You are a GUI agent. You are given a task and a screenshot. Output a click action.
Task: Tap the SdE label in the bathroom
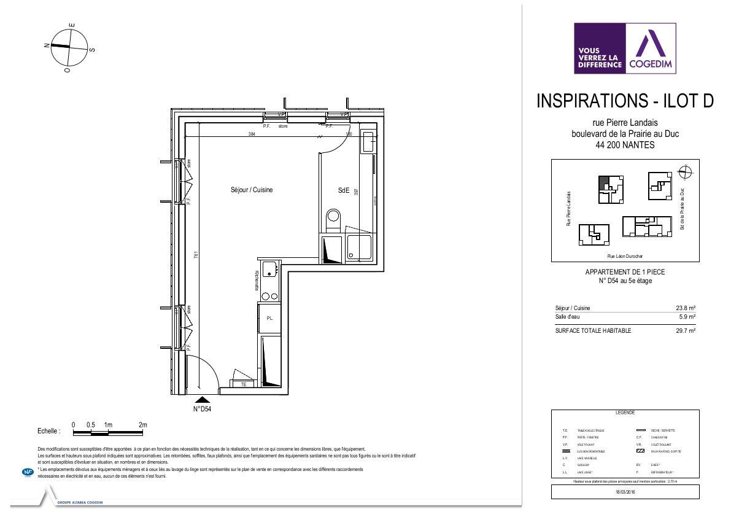click(344, 191)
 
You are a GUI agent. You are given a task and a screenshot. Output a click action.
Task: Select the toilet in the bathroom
click(333, 216)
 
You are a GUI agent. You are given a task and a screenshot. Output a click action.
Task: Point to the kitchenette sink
click(269, 269)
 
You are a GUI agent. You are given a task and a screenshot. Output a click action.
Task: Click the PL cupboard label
click(269, 318)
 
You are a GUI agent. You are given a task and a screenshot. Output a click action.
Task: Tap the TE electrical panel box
click(244, 384)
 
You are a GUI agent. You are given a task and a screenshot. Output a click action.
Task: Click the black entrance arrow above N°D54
click(201, 400)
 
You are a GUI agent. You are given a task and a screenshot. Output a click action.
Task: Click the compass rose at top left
click(69, 48)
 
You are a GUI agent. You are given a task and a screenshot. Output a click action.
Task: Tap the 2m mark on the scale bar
click(143, 425)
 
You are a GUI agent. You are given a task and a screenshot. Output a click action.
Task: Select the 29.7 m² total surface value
click(685, 331)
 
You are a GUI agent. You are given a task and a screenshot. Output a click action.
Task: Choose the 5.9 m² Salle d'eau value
click(687, 317)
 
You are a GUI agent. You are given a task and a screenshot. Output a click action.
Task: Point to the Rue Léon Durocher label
click(625, 257)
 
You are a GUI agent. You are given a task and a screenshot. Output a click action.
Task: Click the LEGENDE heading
click(625, 413)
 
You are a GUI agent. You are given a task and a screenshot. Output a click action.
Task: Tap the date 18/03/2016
click(625, 492)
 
